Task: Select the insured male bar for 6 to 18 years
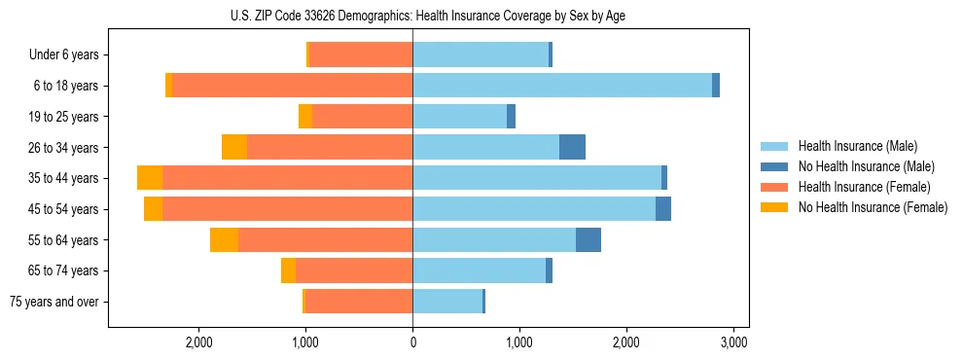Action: click(x=562, y=86)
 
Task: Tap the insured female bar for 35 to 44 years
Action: click(x=287, y=178)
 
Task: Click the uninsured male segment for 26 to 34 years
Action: click(x=572, y=147)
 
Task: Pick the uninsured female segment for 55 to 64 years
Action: click(x=224, y=239)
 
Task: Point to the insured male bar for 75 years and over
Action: click(x=447, y=302)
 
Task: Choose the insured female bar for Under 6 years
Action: click(x=361, y=54)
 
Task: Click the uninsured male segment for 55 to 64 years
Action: click(x=588, y=239)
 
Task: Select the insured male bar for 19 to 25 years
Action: click(x=459, y=117)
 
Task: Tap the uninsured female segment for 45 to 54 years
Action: click(x=153, y=209)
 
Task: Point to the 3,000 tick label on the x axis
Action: click(x=733, y=342)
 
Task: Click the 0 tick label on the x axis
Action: click(x=412, y=342)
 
